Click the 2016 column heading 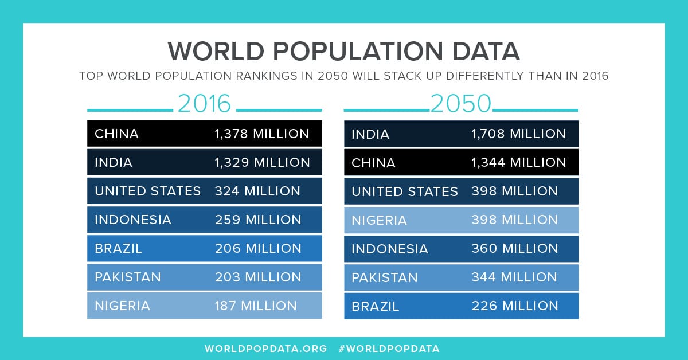click(x=204, y=104)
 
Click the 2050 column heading click(x=461, y=104)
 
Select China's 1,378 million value click(x=261, y=134)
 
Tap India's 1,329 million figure click(x=262, y=162)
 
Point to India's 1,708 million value click(x=518, y=134)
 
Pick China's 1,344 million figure click(x=518, y=162)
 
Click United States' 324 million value click(x=257, y=191)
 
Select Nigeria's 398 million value click(x=514, y=220)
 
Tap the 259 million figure click(x=258, y=220)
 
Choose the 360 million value click(x=515, y=248)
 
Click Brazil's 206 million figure click(x=258, y=248)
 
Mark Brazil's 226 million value click(x=515, y=306)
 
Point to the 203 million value click(x=258, y=277)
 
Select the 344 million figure click(x=514, y=277)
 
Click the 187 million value click(x=256, y=306)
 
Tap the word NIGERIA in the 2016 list click(x=122, y=306)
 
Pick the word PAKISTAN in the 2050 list click(x=385, y=277)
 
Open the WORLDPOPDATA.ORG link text click(x=265, y=348)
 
